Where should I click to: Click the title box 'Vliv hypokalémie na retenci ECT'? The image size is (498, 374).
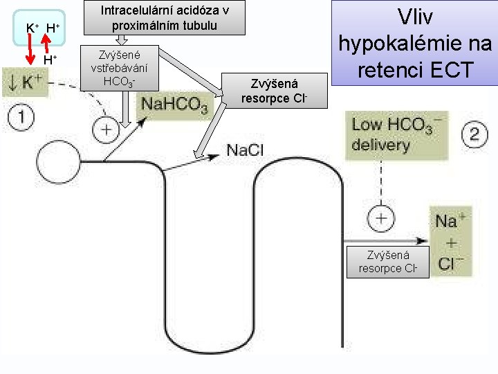pos(414,43)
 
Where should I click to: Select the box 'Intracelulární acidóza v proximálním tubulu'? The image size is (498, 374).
pos(165,18)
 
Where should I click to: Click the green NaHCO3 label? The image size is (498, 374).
pos(174,106)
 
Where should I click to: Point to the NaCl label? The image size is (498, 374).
pos(245,150)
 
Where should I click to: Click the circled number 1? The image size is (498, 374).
pos(21,116)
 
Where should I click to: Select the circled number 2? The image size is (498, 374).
pos(474,133)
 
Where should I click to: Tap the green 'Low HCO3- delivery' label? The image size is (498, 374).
pos(398,135)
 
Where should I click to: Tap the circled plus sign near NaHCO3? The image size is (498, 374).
pos(107,130)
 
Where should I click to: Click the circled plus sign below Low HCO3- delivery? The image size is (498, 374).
pos(381,219)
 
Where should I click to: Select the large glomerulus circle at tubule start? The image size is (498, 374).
pos(59,163)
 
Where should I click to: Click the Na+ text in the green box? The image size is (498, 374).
pos(448,221)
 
